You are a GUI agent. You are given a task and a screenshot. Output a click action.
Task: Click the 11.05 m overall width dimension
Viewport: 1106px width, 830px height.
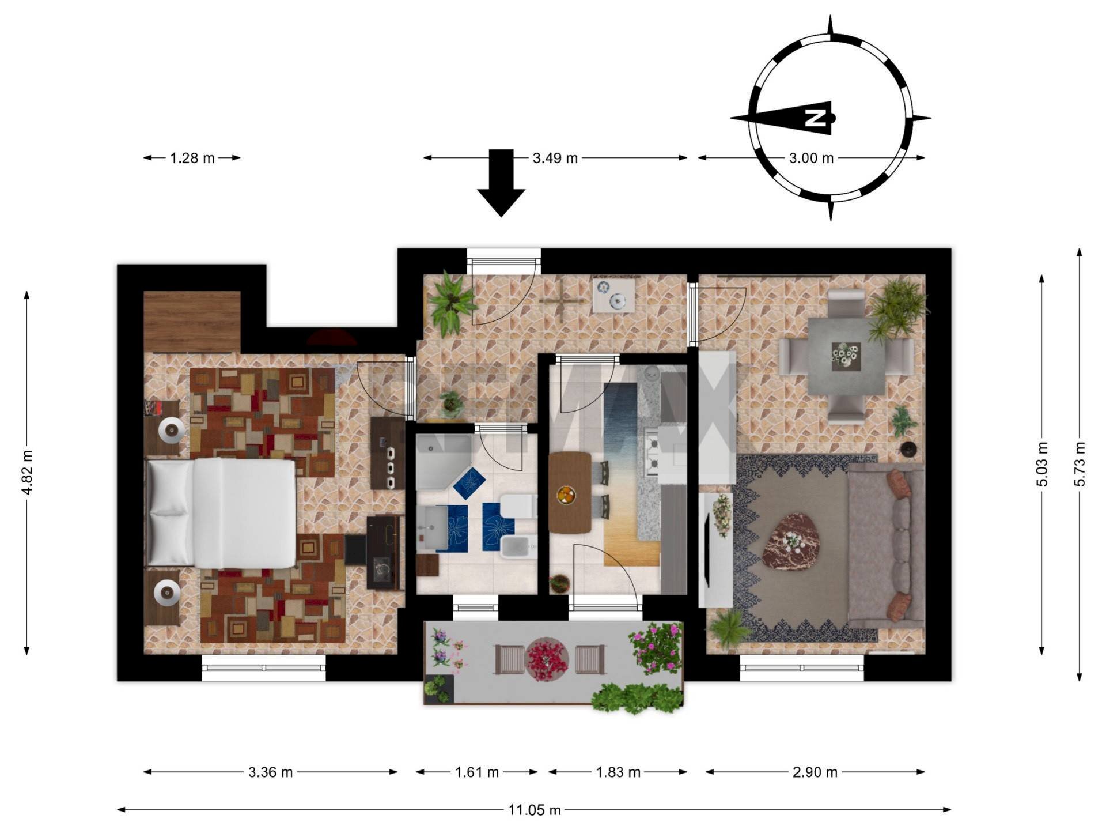pyautogui.click(x=534, y=810)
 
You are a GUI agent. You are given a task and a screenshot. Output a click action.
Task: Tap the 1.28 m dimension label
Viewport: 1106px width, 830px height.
pyautogui.click(x=192, y=158)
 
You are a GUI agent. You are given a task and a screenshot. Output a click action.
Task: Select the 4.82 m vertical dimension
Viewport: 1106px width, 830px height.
pyautogui.click(x=27, y=473)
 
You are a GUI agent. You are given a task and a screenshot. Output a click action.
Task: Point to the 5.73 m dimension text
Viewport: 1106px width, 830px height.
pyautogui.click(x=1080, y=464)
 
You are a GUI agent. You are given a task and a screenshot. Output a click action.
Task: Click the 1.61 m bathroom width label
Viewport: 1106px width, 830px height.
pyautogui.click(x=477, y=772)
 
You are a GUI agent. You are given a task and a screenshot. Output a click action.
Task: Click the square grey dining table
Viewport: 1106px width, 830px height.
pyautogui.click(x=846, y=356)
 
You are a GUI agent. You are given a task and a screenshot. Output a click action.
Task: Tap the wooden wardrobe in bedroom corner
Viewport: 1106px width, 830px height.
pyautogui.click(x=192, y=322)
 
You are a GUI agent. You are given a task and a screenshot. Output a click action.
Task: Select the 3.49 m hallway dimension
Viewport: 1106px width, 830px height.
pyautogui.click(x=554, y=158)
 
